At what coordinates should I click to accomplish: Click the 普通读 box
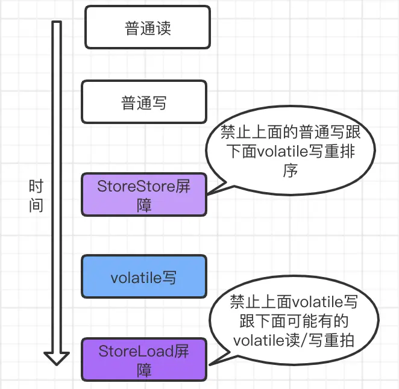[x=148, y=27]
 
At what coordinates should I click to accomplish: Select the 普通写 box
[x=144, y=102]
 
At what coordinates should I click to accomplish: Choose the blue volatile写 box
[x=144, y=276]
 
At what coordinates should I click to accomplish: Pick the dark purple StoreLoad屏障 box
[x=144, y=359]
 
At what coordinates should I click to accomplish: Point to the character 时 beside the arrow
[x=36, y=187]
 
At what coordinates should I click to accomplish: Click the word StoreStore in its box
[x=128, y=186]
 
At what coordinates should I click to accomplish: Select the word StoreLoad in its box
[x=128, y=351]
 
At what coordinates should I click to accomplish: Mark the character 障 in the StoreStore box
[x=144, y=205]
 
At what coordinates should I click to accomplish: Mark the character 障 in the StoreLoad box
[x=144, y=370]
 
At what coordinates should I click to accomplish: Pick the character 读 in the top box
[x=163, y=28]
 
